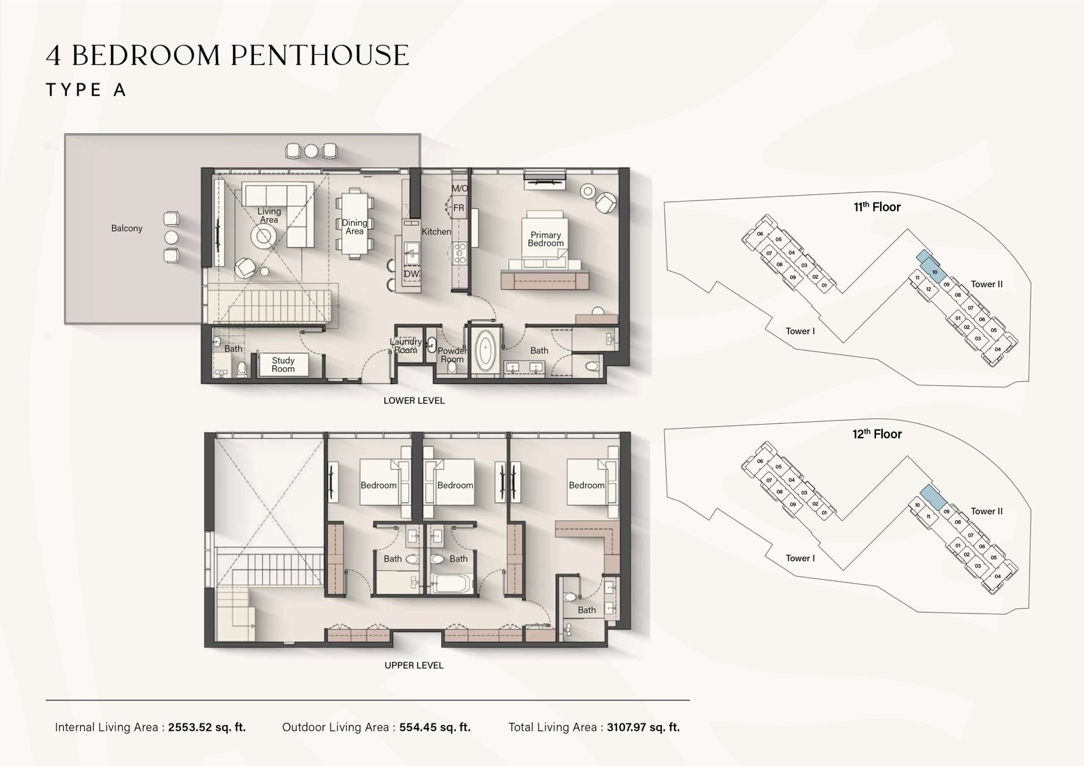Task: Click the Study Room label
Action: (x=283, y=365)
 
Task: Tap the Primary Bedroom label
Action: (x=545, y=239)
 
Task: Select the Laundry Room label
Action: (x=406, y=346)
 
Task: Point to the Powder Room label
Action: (x=452, y=355)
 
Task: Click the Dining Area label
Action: (x=354, y=227)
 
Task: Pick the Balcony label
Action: (x=127, y=228)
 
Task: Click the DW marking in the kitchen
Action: (x=411, y=274)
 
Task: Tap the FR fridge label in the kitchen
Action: (x=459, y=208)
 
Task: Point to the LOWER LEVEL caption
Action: (x=414, y=400)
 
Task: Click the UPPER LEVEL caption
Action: (x=414, y=665)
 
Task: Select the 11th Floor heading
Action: (x=877, y=207)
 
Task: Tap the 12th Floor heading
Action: (x=877, y=434)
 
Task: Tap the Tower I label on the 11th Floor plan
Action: (x=800, y=331)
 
